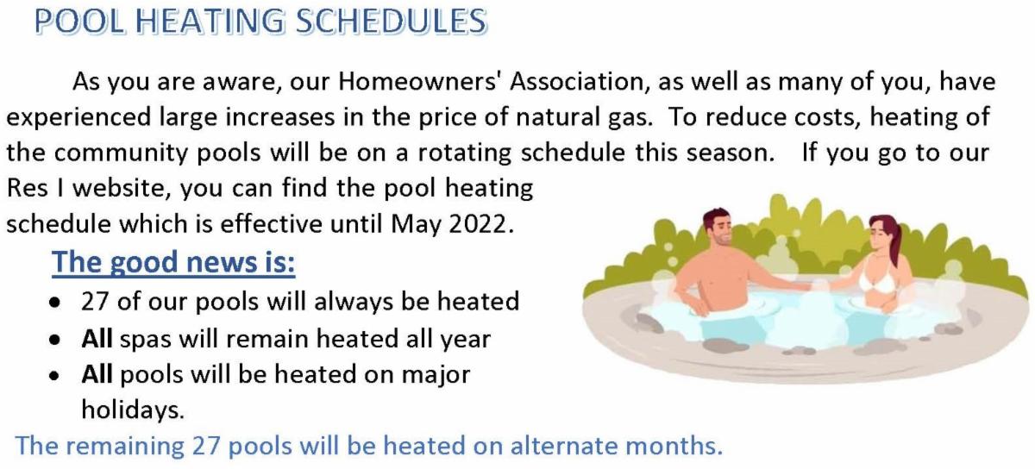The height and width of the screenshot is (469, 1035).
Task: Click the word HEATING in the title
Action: click(x=210, y=22)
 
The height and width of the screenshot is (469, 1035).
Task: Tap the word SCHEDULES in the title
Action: click(x=392, y=22)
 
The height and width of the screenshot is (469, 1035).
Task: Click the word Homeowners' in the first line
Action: click(x=420, y=81)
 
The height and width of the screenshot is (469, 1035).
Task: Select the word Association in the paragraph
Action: click(x=578, y=81)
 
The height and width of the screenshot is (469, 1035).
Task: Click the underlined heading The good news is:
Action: click(x=173, y=262)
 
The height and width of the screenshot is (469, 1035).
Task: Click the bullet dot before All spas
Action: click(x=55, y=340)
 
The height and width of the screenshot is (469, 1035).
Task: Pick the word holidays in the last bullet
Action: click(x=133, y=410)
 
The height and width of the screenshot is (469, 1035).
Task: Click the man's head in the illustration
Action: click(x=718, y=228)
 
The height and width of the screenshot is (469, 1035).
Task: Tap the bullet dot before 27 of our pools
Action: click(x=55, y=303)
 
